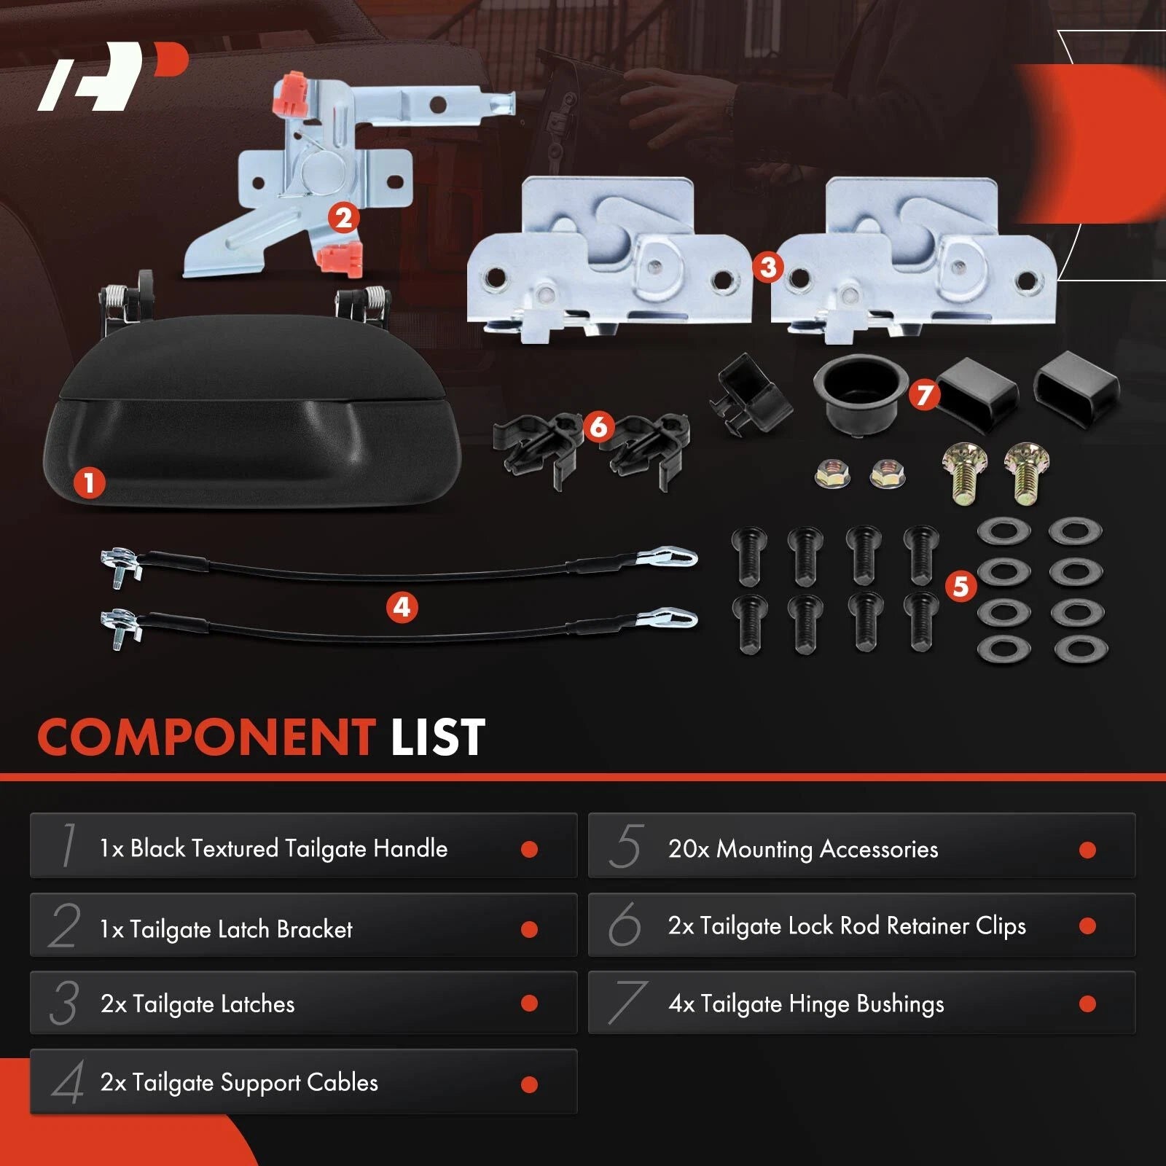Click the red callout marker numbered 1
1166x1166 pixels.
tap(89, 482)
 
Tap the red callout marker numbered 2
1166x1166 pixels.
tap(343, 218)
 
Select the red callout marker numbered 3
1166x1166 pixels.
tap(768, 267)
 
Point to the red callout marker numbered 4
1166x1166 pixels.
tap(402, 607)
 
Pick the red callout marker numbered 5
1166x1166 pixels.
tap(960, 586)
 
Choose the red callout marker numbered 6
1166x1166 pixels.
tap(598, 426)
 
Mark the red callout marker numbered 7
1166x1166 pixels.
tap(925, 394)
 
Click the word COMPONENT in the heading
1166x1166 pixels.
tap(206, 737)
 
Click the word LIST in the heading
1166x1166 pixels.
tap(438, 737)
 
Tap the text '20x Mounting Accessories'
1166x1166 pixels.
tap(803, 849)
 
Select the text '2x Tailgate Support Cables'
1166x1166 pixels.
tap(239, 1082)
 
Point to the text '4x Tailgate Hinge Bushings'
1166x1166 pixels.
tap(806, 1004)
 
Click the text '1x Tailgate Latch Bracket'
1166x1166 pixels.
tap(226, 929)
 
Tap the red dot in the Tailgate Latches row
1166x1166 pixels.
tap(530, 1003)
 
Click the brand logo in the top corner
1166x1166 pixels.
tap(113, 77)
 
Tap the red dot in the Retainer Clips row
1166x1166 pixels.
tap(1088, 926)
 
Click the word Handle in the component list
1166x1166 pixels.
tap(410, 848)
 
